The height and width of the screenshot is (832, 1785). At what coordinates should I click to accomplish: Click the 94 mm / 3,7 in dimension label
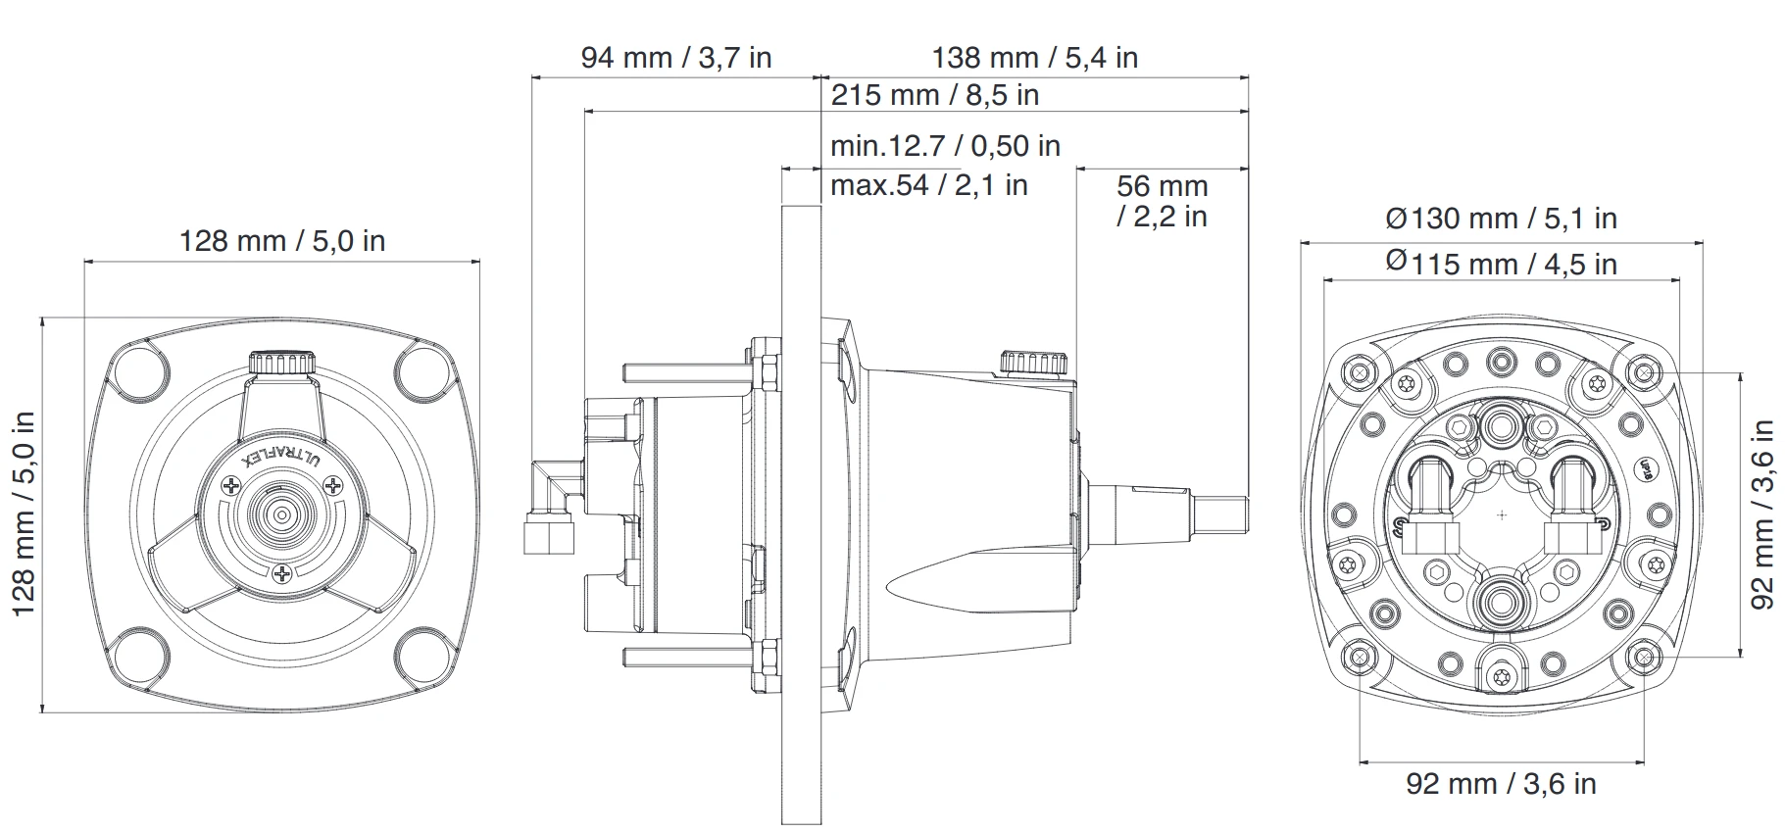click(x=676, y=58)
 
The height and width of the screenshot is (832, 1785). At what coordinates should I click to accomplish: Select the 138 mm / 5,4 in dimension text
click(x=1034, y=58)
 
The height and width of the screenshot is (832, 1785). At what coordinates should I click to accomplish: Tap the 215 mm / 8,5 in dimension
click(x=935, y=95)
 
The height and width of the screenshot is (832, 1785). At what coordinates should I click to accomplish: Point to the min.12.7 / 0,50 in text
click(x=945, y=146)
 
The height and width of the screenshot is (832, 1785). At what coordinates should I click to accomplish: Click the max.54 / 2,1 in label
click(x=928, y=184)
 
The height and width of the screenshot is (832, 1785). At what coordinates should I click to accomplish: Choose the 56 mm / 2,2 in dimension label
click(x=1162, y=200)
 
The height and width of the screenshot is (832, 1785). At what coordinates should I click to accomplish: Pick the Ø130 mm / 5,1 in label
click(x=1501, y=218)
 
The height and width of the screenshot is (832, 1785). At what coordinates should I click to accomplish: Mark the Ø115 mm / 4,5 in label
click(x=1501, y=263)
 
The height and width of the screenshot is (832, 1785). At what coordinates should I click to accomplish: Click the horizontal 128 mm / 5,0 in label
click(x=282, y=240)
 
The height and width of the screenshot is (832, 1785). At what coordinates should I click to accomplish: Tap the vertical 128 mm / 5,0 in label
click(x=24, y=514)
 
